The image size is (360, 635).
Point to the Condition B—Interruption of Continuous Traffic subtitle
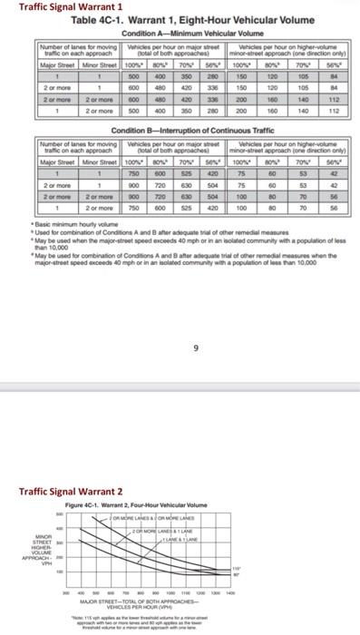(179, 132)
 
